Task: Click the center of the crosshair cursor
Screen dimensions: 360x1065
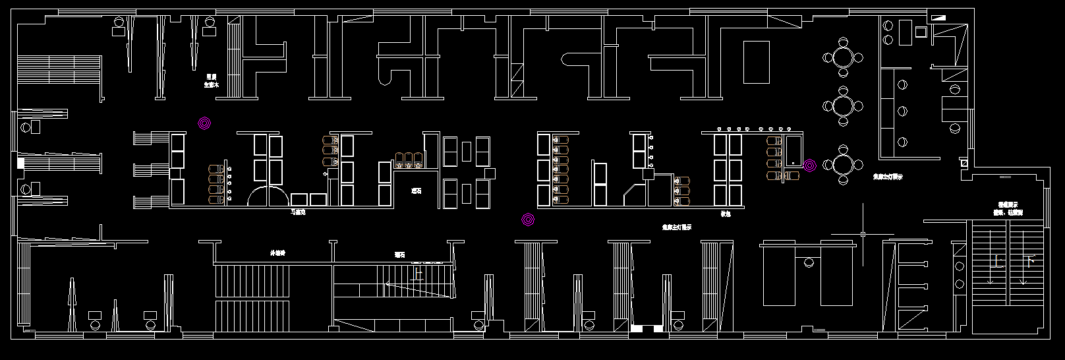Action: click(x=863, y=234)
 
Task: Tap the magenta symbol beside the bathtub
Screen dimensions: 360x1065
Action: click(x=809, y=165)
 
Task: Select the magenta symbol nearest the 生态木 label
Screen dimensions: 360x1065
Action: click(x=204, y=123)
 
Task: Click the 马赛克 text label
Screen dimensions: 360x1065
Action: click(x=298, y=212)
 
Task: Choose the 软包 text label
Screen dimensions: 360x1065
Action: click(x=726, y=214)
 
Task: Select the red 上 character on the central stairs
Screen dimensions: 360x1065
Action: click(x=418, y=273)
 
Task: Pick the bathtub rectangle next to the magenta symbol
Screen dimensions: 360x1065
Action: click(x=793, y=151)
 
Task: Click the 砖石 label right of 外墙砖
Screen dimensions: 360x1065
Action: click(x=400, y=254)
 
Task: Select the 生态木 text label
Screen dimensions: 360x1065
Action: click(x=211, y=84)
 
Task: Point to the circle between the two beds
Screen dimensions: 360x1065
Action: click(x=809, y=263)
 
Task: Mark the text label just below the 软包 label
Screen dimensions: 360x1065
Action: click(x=677, y=227)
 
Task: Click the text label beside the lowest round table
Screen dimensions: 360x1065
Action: click(x=888, y=177)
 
